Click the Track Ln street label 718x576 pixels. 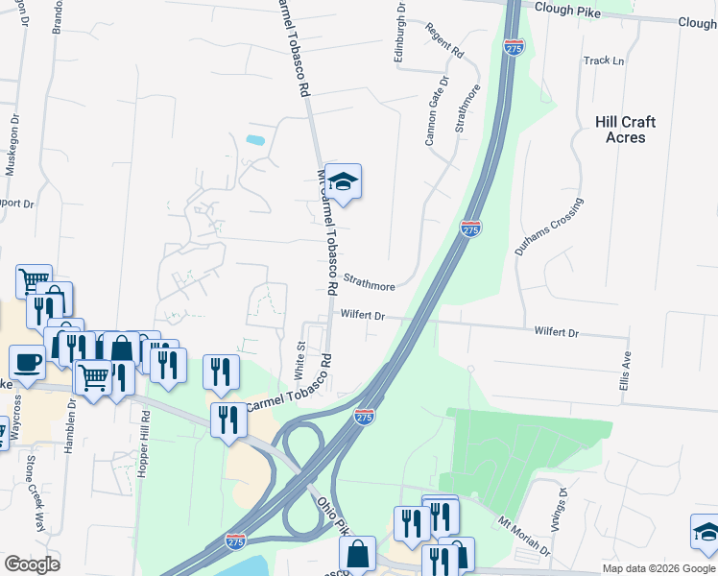pyautogui.click(x=604, y=60)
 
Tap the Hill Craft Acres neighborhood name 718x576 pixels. pyautogui.click(x=625, y=130)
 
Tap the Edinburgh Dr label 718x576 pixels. pyautogui.click(x=400, y=32)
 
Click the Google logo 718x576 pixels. pyautogui.click(x=32, y=564)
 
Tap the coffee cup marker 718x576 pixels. pyautogui.click(x=27, y=362)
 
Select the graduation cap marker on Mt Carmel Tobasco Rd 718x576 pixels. pyautogui.click(x=343, y=180)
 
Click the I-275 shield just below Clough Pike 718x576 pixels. pyautogui.click(x=514, y=47)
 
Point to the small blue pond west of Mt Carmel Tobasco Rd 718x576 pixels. pyautogui.click(x=255, y=140)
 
